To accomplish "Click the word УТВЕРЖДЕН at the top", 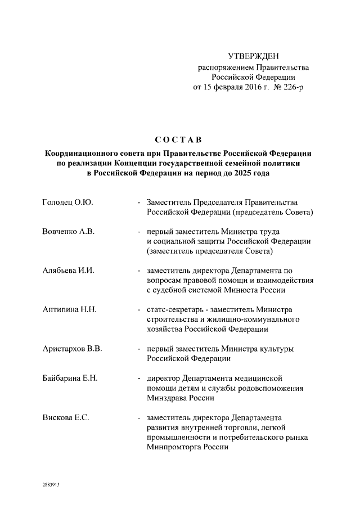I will [x=253, y=56].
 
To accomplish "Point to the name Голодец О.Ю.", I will [x=67, y=202].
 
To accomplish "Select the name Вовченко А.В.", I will [x=69, y=231].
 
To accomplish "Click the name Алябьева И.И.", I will [x=68, y=270].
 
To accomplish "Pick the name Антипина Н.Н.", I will [x=69, y=309].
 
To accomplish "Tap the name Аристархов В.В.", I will [x=72, y=349].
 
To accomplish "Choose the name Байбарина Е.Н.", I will [x=70, y=378].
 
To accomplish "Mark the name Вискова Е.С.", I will [x=66, y=417].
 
